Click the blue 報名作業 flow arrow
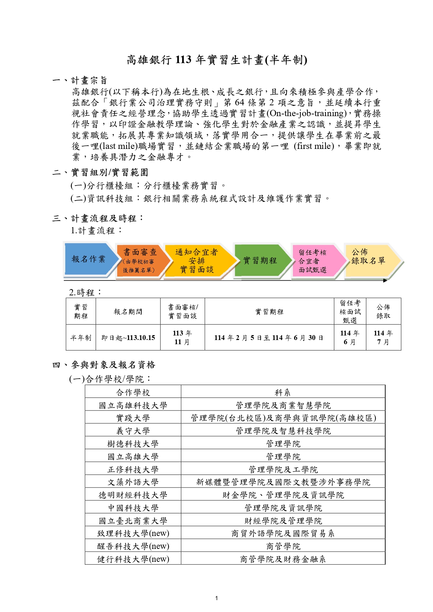click(x=89, y=259)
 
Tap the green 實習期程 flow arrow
click(x=260, y=260)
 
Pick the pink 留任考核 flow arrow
click(x=313, y=261)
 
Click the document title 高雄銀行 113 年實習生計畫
click(x=217, y=60)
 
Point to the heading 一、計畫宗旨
click(x=80, y=81)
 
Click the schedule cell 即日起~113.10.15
click(x=128, y=338)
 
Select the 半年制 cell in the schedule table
click(x=81, y=338)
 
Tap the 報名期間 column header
click(x=128, y=311)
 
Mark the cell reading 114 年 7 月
click(x=383, y=338)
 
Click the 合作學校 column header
click(x=133, y=393)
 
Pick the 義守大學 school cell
click(x=133, y=431)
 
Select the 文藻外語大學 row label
click(x=133, y=482)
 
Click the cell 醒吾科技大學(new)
click(x=133, y=546)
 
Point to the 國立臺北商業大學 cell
click(x=133, y=521)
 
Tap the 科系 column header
click(x=283, y=393)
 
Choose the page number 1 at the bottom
click(x=217, y=598)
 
